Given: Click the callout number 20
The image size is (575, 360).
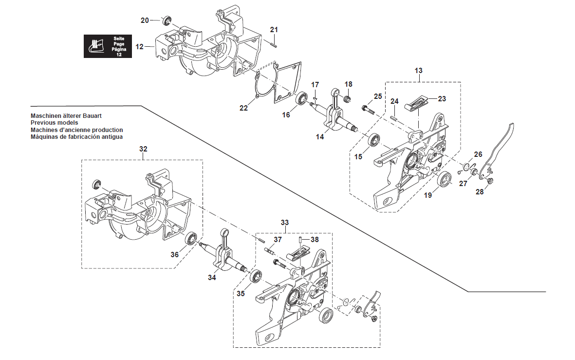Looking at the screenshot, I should pos(145,20).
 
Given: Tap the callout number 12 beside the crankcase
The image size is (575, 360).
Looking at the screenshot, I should pos(140,47).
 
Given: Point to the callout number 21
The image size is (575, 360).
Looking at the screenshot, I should pos(274,30).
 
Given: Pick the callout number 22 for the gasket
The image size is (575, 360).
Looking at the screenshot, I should pos(243,108).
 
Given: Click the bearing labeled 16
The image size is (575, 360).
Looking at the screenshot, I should pos(303,98).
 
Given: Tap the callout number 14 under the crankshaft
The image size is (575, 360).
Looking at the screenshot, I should pos(319,137).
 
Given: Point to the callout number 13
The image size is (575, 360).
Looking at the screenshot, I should pos(418,71).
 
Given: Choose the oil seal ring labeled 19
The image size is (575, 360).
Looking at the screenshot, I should pos(444,180).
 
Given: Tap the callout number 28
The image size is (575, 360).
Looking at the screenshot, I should pos(480,192).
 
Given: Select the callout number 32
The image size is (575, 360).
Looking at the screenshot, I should pos(143,148).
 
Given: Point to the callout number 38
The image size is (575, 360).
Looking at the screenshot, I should pos(315,240).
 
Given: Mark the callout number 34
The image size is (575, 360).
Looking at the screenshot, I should pos(212,278).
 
